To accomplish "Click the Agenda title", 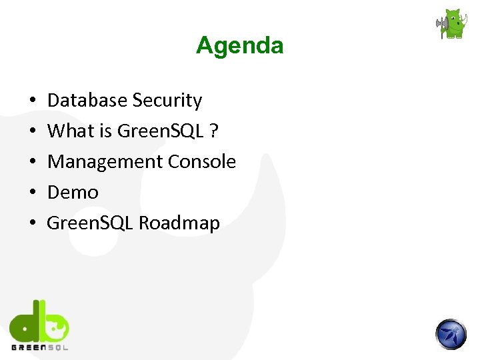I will [239, 45].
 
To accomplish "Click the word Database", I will [87, 101].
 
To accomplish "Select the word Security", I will [167, 101].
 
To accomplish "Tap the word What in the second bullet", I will [71, 131].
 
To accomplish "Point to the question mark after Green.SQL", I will [213, 131].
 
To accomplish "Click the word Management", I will [105, 162].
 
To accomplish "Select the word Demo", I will [73, 193].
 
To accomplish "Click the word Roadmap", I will [179, 223].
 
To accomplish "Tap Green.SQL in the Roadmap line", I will [90, 223].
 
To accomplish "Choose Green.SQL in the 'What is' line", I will [159, 131].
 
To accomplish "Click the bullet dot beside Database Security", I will [32, 101].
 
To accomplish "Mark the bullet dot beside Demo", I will [32, 193].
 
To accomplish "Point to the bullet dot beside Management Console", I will [32, 163].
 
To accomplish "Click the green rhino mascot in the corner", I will [453, 25].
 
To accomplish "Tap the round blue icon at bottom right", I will [451, 334].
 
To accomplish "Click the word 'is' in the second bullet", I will [105, 131].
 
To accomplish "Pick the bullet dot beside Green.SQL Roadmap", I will [32, 224].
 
